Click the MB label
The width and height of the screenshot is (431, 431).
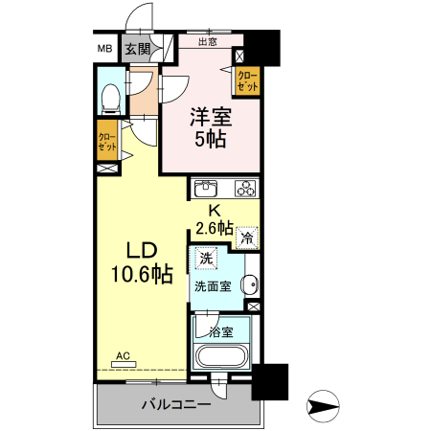click(103, 49)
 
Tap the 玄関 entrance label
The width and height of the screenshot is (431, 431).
click(137, 49)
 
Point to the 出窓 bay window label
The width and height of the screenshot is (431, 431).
click(207, 42)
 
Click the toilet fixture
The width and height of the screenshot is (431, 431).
click(110, 96)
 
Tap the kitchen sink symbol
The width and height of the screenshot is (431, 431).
click(209, 188)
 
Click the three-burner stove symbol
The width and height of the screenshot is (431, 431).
click(245, 188)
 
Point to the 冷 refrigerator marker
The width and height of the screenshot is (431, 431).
click(248, 238)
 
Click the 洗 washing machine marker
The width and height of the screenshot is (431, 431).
click(205, 258)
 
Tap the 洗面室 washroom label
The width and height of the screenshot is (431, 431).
click(213, 285)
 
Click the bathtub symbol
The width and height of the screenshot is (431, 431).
click(222, 356)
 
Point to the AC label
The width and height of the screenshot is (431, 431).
click(123, 356)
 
